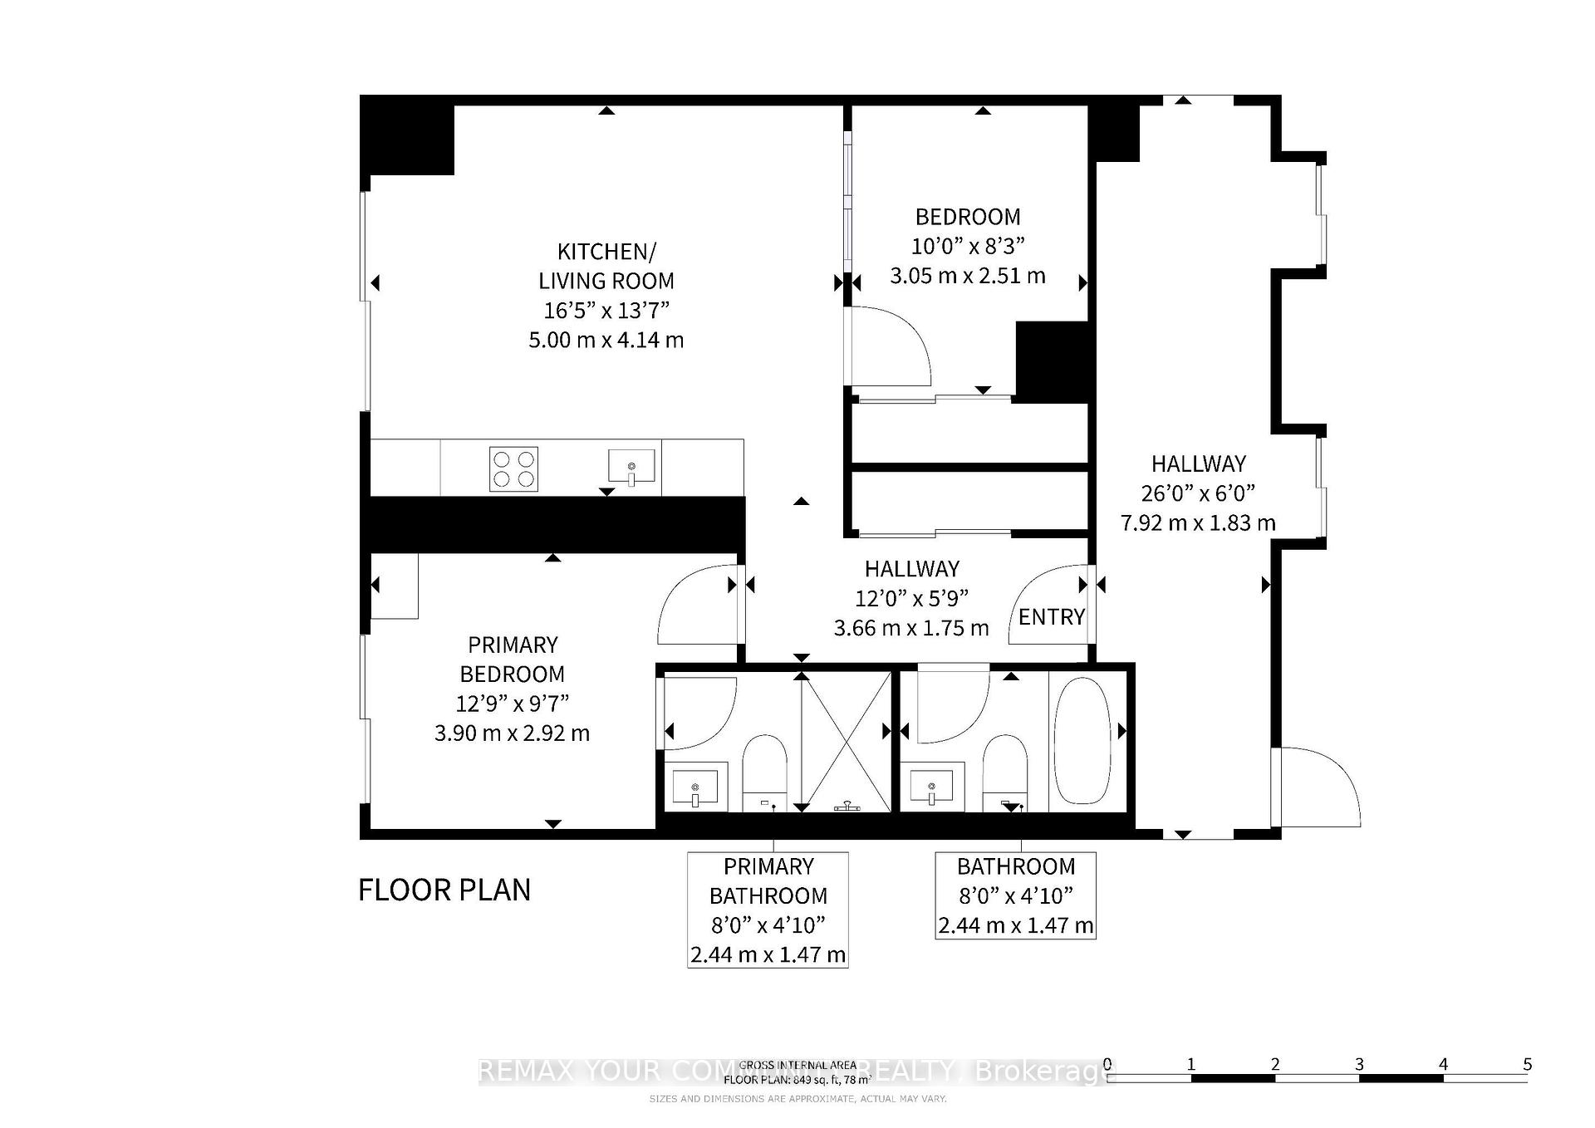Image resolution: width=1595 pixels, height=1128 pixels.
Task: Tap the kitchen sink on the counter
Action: coord(631,467)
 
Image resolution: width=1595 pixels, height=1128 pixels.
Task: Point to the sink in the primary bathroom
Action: coord(694,787)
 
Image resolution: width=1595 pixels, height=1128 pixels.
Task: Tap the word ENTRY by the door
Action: coord(1051,617)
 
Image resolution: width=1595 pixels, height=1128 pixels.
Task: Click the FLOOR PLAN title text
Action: coord(444,890)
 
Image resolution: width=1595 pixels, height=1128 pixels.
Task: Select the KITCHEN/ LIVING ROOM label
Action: coord(606,266)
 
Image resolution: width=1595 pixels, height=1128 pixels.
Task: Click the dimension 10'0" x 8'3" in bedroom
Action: coord(968,246)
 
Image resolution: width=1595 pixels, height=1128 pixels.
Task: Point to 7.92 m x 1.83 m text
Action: coord(1198,523)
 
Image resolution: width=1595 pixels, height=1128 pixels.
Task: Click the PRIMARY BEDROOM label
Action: coord(513,660)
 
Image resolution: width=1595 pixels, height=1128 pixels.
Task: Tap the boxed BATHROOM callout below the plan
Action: coord(1015,895)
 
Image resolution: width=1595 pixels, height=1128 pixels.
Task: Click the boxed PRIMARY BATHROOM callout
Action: coord(768,910)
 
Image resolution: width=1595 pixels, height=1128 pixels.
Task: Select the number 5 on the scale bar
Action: coord(1527,1064)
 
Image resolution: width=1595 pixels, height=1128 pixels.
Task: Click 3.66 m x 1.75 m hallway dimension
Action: coord(911,628)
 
